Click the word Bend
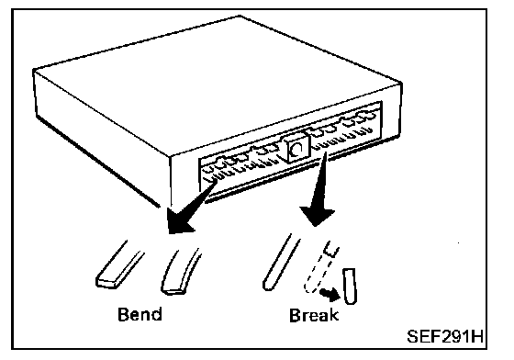tap(140, 314)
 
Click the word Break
tap(314, 315)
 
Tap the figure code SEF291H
tap(445, 336)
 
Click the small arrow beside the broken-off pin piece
tap(330, 295)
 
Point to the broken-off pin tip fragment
tap(350, 286)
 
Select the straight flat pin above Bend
tap(120, 264)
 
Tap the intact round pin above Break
tap(281, 263)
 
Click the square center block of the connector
tap(296, 148)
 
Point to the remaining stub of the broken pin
tap(331, 249)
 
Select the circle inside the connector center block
tap(296, 150)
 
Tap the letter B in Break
tap(295, 315)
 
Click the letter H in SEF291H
tap(477, 336)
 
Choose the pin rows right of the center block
tap(342, 129)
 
